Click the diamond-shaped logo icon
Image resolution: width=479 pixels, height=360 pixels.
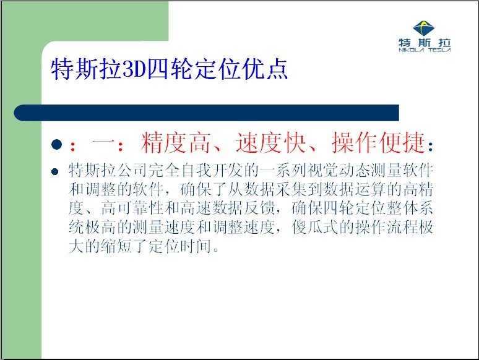coord(424,28)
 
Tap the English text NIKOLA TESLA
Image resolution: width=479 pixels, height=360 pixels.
coord(425,50)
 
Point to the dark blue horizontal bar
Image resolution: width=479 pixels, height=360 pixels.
coord(207,113)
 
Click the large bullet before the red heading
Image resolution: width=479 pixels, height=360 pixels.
coord(57,144)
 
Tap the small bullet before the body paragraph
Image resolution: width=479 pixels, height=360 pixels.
coord(55,171)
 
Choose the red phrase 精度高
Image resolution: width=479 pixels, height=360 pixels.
coord(175,143)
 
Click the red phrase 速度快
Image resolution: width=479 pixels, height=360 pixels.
coord(270,143)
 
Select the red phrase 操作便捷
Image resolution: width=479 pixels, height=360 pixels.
coord(378,143)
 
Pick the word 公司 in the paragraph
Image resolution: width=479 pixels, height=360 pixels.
coord(132,170)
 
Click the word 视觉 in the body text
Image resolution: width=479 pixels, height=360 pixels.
coord(322,170)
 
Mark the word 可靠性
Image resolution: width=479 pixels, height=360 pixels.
coord(140,208)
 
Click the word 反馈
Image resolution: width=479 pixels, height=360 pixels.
coord(259,208)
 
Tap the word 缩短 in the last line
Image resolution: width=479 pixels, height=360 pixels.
coord(116,246)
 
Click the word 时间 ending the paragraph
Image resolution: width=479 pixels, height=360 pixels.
coord(196,246)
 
